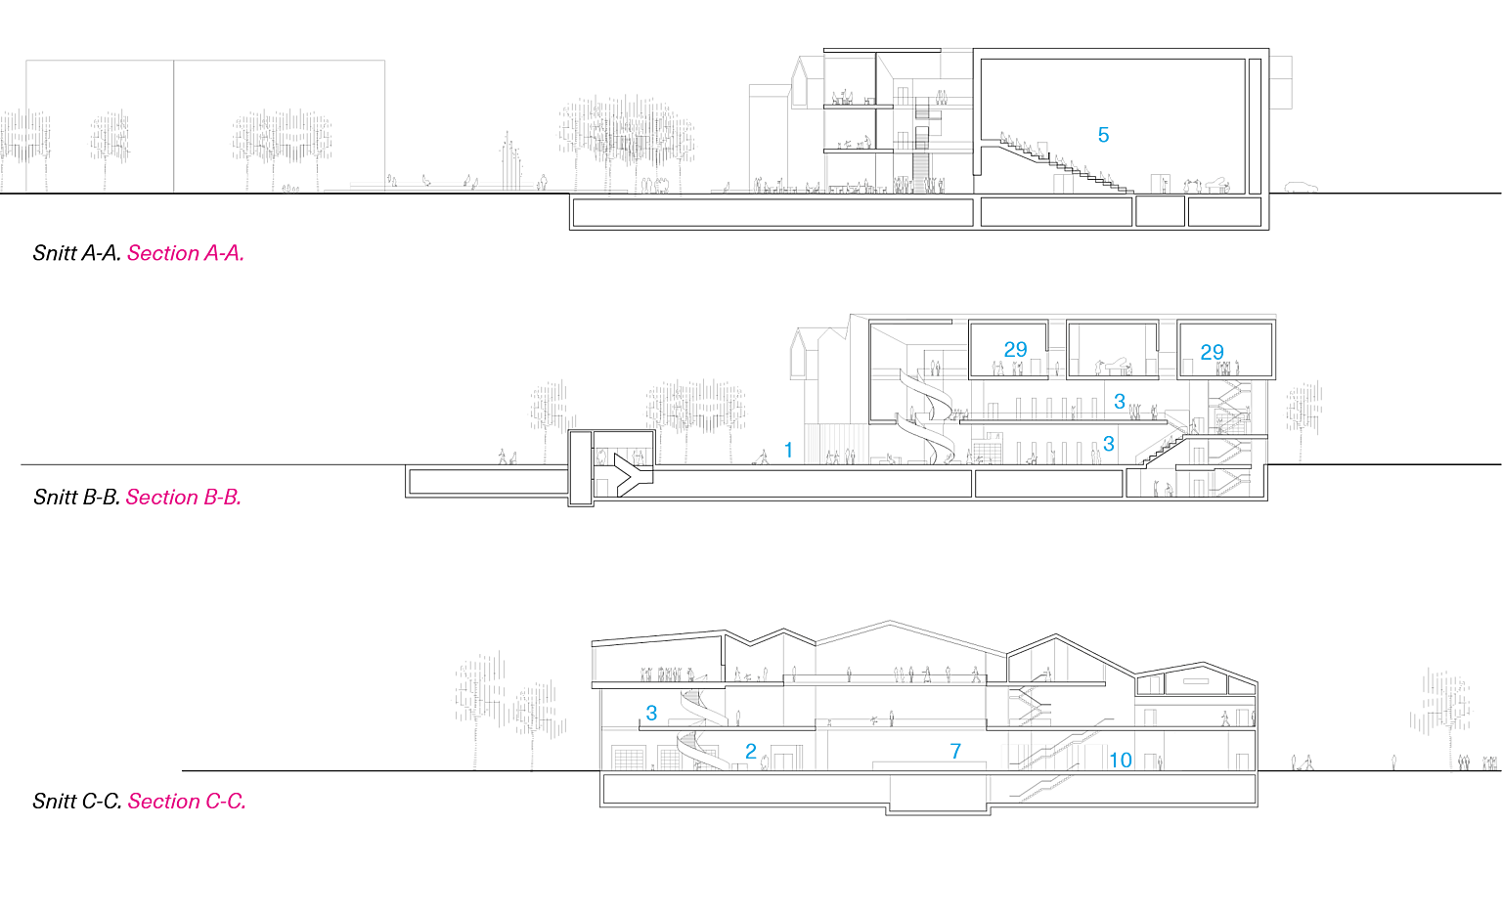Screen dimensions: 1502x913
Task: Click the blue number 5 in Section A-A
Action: point(1103,135)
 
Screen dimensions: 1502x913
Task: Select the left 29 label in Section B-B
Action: point(1015,349)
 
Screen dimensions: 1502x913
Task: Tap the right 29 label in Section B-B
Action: point(1212,351)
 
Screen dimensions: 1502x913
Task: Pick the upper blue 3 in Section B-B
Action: point(1119,402)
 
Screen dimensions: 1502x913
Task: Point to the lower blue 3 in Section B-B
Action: point(1108,443)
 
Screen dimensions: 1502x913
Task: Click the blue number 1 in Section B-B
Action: point(788,450)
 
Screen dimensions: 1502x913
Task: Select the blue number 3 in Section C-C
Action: point(651,713)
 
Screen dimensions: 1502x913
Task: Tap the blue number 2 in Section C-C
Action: point(751,751)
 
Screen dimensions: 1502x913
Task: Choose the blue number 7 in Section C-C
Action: point(955,751)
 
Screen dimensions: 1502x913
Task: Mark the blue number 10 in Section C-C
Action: point(1121,760)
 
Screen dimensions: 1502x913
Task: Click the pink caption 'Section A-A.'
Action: point(186,253)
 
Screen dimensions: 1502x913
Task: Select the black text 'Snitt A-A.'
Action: point(77,253)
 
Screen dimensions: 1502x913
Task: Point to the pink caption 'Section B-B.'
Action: point(184,497)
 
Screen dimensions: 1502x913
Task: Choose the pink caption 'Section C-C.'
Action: point(187,801)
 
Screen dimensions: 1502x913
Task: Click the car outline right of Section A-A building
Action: point(1301,187)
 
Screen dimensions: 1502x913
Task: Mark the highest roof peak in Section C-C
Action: point(890,622)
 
